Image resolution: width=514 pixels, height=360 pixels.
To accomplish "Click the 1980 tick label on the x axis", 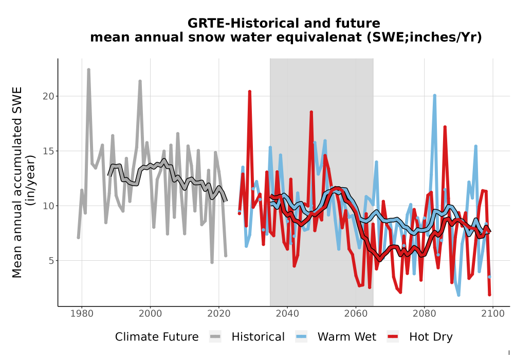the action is [x=82, y=314].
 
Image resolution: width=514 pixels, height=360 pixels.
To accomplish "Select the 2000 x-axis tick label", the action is [x=150, y=314].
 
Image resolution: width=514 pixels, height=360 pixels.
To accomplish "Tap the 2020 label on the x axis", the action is [x=218, y=314].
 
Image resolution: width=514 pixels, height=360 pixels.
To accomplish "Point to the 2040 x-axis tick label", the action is [x=287, y=314].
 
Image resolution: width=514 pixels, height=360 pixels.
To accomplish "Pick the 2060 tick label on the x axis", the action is [x=356, y=314].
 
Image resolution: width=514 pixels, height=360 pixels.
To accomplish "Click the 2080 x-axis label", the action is [x=424, y=314].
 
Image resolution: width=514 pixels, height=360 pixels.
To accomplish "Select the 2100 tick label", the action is [x=493, y=314].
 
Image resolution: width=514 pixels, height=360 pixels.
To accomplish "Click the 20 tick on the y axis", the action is [x=48, y=96].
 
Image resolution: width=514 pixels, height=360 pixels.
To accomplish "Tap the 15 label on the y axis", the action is [x=48, y=151].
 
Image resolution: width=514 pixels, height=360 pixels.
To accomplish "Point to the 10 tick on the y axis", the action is [x=48, y=206].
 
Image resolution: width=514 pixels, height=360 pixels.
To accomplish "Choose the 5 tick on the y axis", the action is [x=51, y=261].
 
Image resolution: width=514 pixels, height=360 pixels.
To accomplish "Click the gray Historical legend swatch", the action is [x=215, y=337].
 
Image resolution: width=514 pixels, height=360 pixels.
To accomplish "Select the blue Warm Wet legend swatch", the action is [x=301, y=337].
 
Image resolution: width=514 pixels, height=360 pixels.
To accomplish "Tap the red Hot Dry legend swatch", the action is [x=393, y=337].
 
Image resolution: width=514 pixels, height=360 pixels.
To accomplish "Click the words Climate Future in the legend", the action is [x=157, y=337].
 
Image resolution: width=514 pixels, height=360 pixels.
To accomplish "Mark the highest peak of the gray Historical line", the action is [x=88, y=69].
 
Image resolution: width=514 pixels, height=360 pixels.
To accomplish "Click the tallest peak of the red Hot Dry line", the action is [x=249, y=92].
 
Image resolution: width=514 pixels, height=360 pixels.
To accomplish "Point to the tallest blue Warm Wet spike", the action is [x=434, y=96].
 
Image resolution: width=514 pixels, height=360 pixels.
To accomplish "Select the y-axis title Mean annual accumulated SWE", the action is [x=17, y=182].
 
